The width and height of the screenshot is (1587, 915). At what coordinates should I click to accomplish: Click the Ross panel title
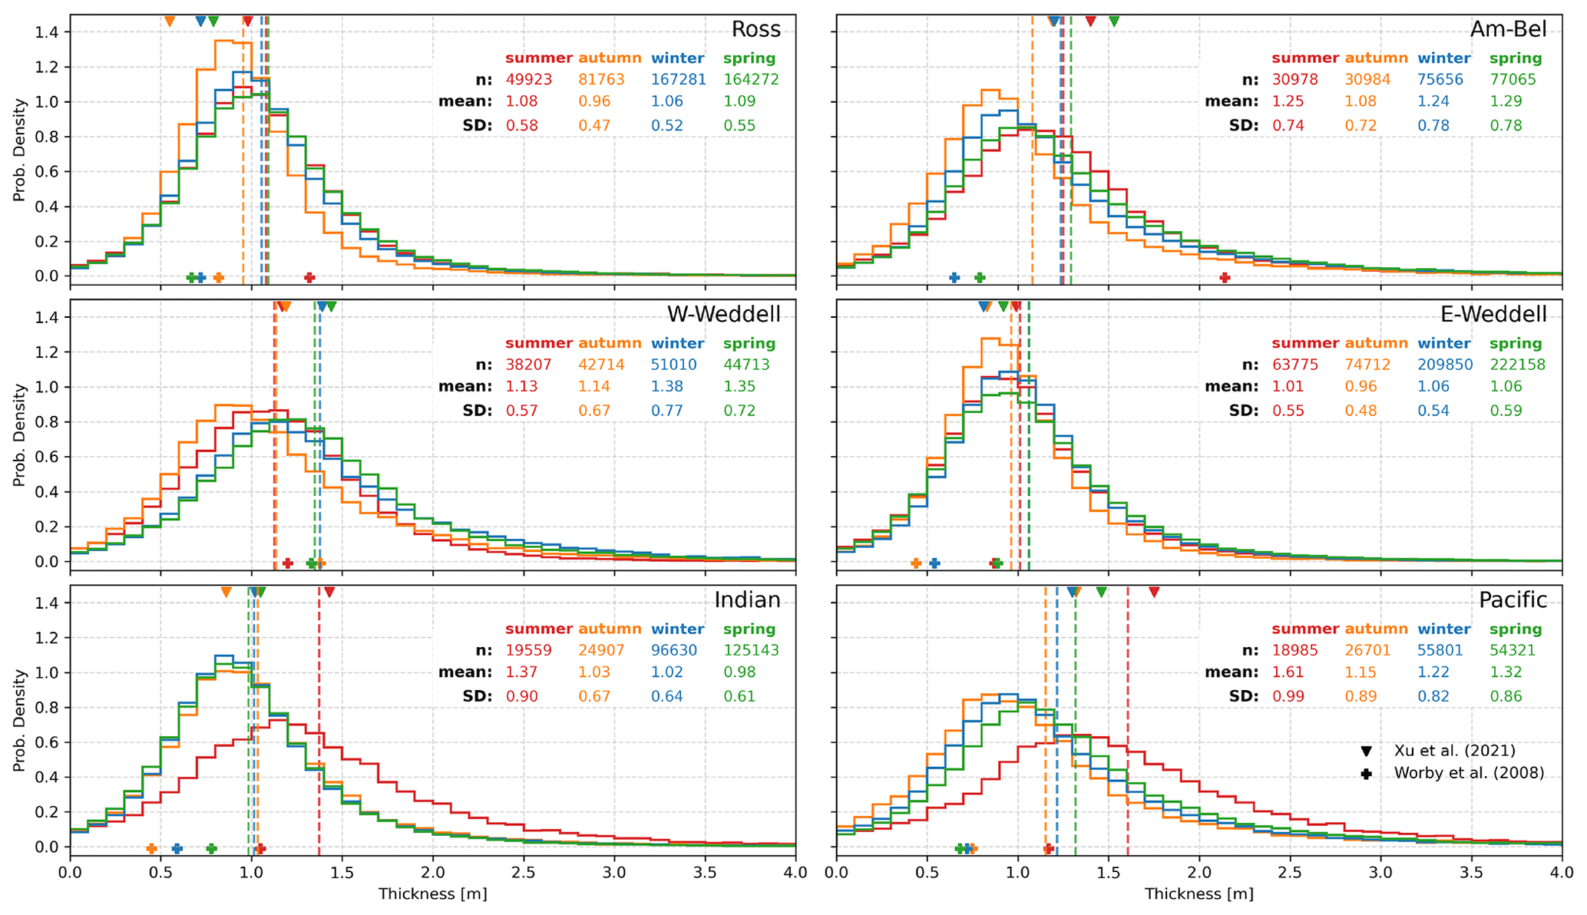pyautogui.click(x=755, y=30)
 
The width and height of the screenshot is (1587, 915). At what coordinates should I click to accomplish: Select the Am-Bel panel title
pyautogui.click(x=1508, y=30)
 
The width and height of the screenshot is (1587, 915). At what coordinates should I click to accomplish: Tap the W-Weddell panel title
pyautogui.click(x=723, y=315)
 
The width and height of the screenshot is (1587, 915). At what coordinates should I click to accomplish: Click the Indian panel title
pyautogui.click(x=747, y=600)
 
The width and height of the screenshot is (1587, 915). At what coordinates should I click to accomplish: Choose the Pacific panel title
pyautogui.click(x=1513, y=600)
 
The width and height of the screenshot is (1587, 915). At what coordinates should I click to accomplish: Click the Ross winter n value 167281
pyautogui.click(x=678, y=80)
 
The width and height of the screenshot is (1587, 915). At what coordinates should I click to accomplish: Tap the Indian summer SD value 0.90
pyautogui.click(x=521, y=697)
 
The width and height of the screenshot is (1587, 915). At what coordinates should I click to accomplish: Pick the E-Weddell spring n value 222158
pyautogui.click(x=1517, y=365)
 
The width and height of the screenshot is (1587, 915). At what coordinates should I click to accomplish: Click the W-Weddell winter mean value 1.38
pyautogui.click(x=666, y=387)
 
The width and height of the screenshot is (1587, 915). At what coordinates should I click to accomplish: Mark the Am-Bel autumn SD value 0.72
pyautogui.click(x=1361, y=126)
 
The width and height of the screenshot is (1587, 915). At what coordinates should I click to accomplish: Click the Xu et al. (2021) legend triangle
pyautogui.click(x=1366, y=751)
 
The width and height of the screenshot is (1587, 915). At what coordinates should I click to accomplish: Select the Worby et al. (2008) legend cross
pyautogui.click(x=1366, y=774)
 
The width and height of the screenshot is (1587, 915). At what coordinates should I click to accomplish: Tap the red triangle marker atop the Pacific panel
pyautogui.click(x=1153, y=592)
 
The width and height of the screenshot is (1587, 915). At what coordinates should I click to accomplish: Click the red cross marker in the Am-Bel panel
pyautogui.click(x=1225, y=278)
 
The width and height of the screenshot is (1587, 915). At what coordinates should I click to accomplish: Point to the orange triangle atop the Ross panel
pyautogui.click(x=170, y=21)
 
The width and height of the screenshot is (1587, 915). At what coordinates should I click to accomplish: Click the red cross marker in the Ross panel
pyautogui.click(x=309, y=278)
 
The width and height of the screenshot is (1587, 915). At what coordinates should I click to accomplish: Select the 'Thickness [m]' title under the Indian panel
pyautogui.click(x=432, y=894)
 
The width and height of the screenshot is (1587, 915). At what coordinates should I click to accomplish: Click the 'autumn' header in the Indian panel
pyautogui.click(x=610, y=629)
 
